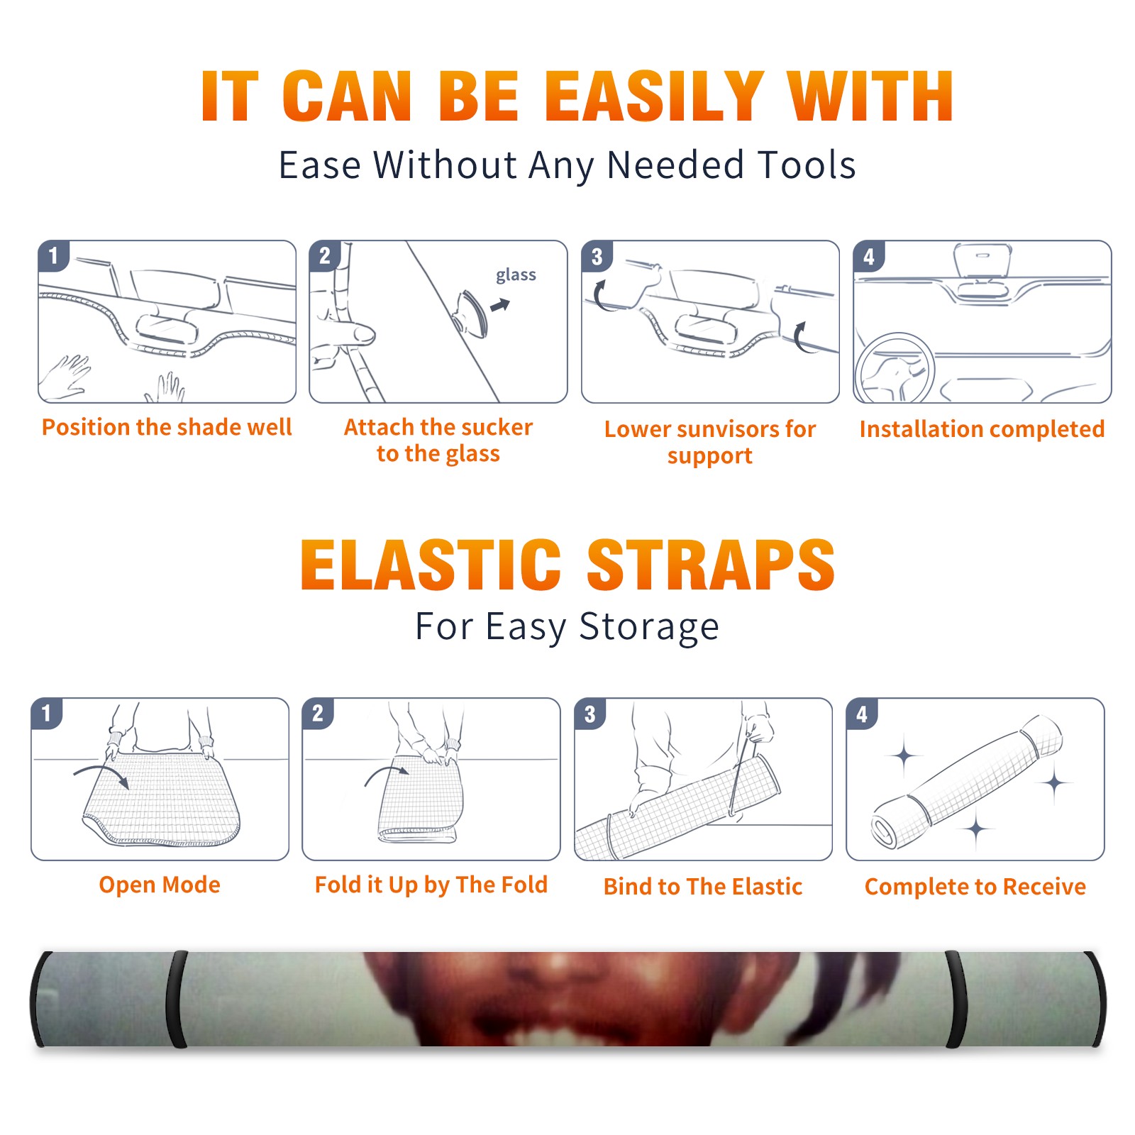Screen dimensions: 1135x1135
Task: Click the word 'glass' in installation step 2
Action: click(516, 275)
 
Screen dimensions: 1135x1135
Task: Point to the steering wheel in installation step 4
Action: click(895, 368)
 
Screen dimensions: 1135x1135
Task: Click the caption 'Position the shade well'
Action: click(167, 427)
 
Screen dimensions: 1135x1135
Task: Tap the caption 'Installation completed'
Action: click(982, 429)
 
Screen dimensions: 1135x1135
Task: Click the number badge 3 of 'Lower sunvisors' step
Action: click(597, 256)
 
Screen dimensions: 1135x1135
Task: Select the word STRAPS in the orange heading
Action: click(711, 565)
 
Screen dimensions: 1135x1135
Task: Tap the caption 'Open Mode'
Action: click(160, 885)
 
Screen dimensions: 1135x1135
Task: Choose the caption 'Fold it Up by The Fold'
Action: click(431, 885)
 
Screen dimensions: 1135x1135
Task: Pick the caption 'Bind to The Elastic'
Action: click(703, 887)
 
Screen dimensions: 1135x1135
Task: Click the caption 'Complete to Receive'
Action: click(975, 887)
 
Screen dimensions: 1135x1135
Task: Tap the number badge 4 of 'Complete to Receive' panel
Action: click(862, 714)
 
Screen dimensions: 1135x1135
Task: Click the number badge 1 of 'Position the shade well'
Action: click(53, 256)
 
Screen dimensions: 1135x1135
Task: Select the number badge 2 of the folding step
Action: click(318, 714)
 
